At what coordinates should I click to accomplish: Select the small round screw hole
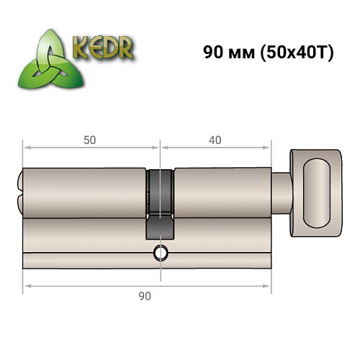click(x=160, y=253)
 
